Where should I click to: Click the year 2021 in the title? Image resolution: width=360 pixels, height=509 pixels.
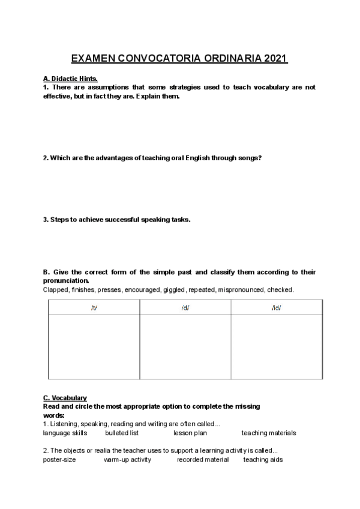pyautogui.click(x=273, y=59)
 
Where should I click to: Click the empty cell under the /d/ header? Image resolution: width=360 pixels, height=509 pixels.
pyautogui.click(x=185, y=347)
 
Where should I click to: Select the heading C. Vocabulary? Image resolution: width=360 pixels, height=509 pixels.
pyautogui.click(x=65, y=398)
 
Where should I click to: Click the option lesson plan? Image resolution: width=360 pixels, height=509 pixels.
pyautogui.click(x=190, y=433)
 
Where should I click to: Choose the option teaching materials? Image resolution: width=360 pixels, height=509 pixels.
pyautogui.click(x=269, y=433)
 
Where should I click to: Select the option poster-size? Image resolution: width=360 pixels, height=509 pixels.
pyautogui.click(x=60, y=460)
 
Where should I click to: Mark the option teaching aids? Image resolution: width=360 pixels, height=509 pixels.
pyautogui.click(x=263, y=460)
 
